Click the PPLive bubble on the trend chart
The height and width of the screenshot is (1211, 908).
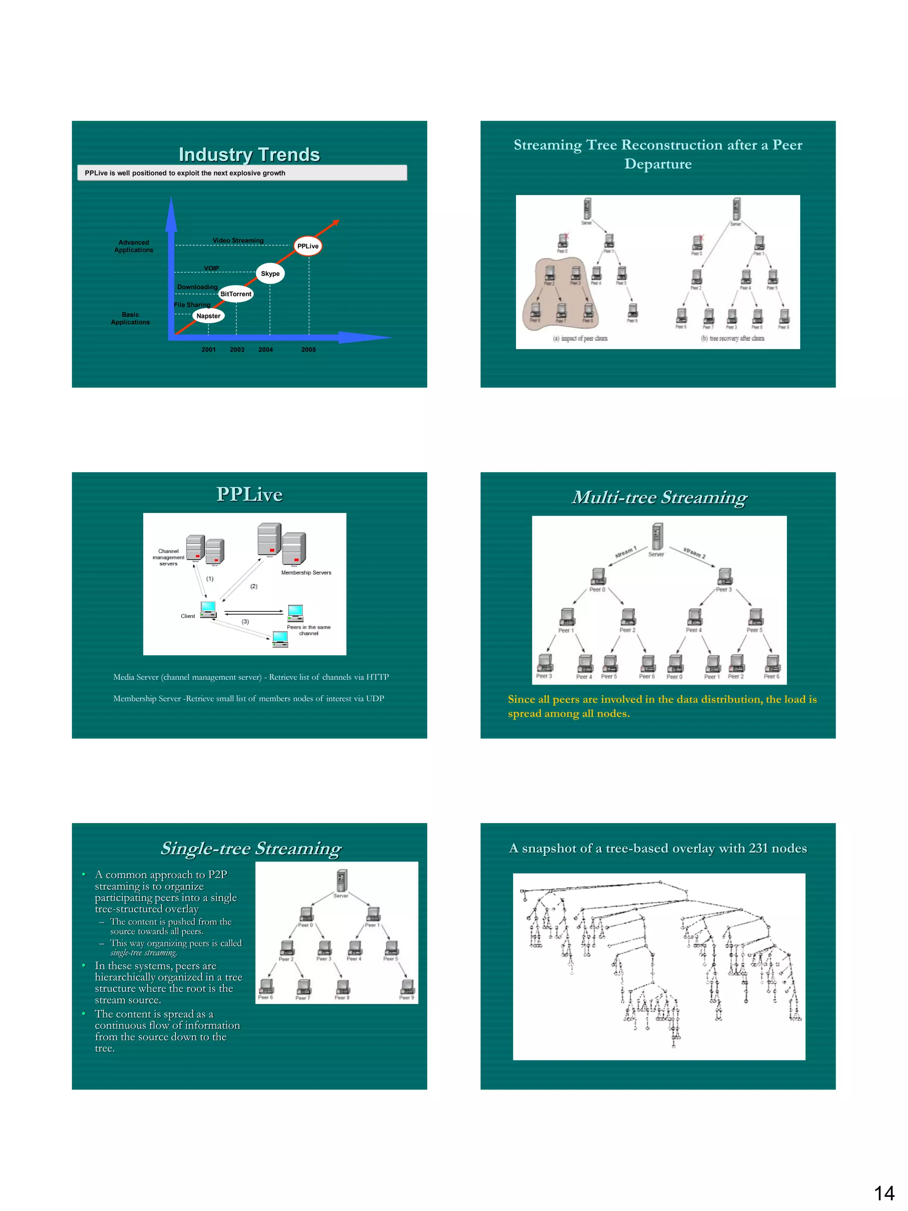(307, 246)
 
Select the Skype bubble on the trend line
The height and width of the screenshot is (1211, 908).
(270, 273)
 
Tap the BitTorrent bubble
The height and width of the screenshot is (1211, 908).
(236, 294)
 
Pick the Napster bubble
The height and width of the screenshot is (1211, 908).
(208, 316)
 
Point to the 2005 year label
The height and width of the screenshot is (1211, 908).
(308, 349)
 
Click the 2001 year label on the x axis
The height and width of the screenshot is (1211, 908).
(208, 349)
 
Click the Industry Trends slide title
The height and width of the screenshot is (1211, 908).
(249, 154)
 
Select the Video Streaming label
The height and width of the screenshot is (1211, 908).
(238, 240)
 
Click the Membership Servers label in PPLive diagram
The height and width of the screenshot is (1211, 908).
(306, 572)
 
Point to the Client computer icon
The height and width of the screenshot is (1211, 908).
(208, 609)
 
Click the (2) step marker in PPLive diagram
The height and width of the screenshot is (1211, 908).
(254, 586)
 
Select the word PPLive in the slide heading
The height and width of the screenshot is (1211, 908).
(249, 494)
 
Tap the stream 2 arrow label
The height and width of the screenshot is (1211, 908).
(694, 553)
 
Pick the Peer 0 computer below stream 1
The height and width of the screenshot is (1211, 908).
(598, 576)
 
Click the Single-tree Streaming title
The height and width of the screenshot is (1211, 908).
(250, 848)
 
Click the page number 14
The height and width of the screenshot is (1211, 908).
(884, 1192)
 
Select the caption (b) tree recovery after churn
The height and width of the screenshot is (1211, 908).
(732, 338)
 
